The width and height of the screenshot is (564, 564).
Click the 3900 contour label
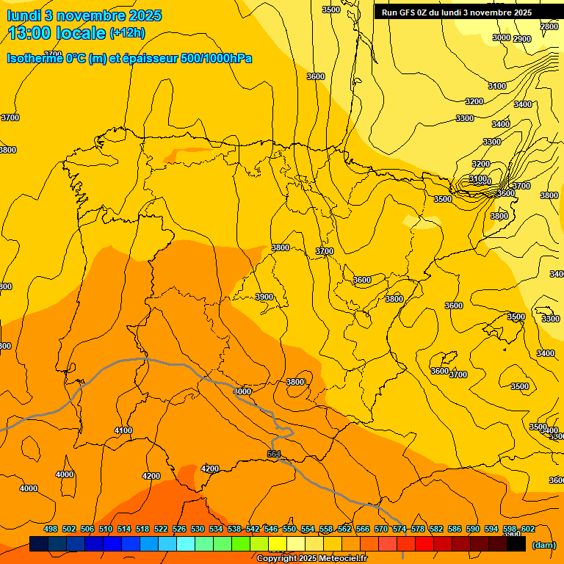point(264,297)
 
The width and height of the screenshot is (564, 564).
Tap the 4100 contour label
point(123,430)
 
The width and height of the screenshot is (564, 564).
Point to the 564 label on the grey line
point(274,455)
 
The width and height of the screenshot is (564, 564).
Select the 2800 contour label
point(549,26)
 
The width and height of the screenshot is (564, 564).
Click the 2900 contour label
point(522,39)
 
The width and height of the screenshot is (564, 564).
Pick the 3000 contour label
point(501,37)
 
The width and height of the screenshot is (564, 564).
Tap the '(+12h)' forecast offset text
point(127,33)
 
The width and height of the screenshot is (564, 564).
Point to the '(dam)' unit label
point(543,545)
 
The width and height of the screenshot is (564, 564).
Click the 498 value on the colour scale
point(51,529)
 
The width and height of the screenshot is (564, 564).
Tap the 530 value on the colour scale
point(198,529)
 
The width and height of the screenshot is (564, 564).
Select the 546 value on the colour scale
point(271,529)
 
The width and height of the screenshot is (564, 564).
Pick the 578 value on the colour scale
point(418,529)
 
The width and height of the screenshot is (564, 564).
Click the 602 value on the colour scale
point(529,529)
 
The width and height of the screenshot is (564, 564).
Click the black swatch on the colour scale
point(516,544)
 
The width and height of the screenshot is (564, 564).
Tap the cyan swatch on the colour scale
point(186,544)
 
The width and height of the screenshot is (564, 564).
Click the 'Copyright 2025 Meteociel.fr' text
point(311,558)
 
